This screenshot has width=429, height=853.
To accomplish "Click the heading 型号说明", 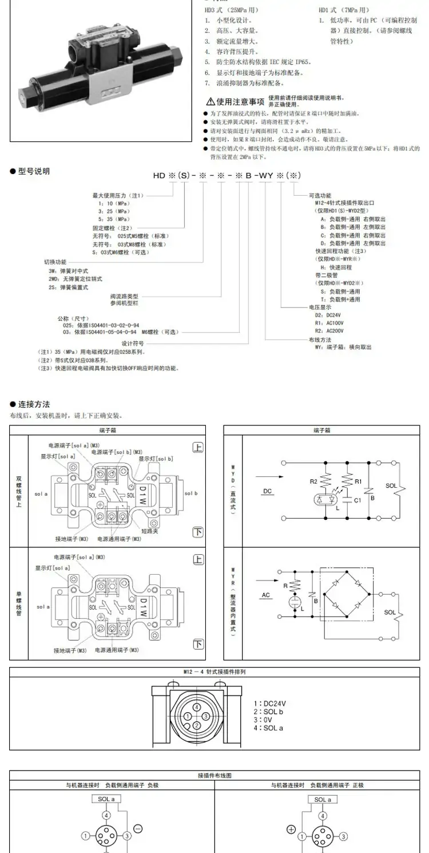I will pos(33,171).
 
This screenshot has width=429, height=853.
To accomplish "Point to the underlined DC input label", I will pos(268,491).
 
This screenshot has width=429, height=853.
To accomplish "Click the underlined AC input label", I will pos(265,595).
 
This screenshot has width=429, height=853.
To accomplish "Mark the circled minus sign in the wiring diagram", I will pos(137,828).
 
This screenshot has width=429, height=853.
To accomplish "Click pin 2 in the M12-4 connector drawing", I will pos(197,725).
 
